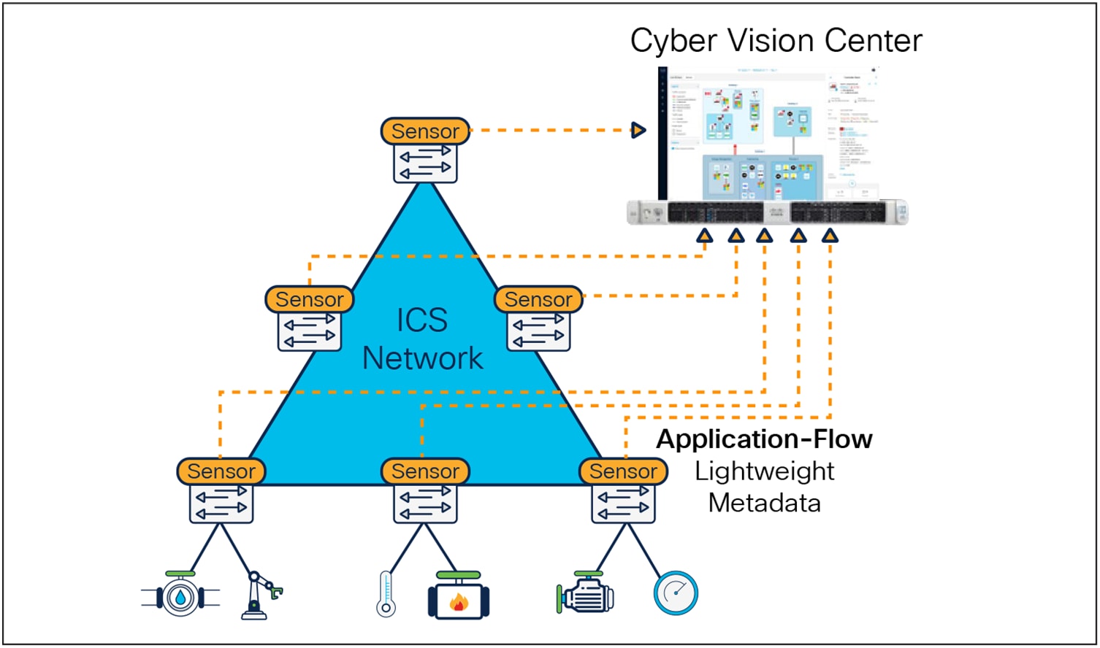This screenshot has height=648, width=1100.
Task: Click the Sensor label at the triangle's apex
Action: pyautogui.click(x=425, y=131)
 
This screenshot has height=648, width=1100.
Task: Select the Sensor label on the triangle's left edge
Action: pyautogui.click(x=309, y=300)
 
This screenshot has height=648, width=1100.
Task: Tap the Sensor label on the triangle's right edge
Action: pyautogui.click(x=538, y=300)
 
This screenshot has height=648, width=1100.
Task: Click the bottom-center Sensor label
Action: pyautogui.click(x=425, y=471)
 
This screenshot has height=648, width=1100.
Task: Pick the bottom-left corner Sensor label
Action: pyautogui.click(x=221, y=471)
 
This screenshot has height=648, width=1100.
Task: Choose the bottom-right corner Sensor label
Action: pyautogui.click(x=623, y=471)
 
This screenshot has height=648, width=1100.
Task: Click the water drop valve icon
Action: pyautogui.click(x=180, y=596)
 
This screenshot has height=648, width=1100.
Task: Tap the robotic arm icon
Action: pyautogui.click(x=259, y=595)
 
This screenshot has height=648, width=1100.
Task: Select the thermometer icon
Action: pyautogui.click(x=386, y=595)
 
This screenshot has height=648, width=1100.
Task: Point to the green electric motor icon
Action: pyautogui.click(x=585, y=593)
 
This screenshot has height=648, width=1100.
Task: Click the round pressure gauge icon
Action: pyautogui.click(x=676, y=593)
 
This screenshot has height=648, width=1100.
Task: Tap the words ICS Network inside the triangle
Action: pyautogui.click(x=422, y=339)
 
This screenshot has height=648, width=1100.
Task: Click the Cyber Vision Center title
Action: pyautogui.click(x=776, y=41)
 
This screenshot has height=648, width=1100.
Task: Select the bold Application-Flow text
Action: pyautogui.click(x=764, y=439)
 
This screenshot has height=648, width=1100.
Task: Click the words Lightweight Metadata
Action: pyautogui.click(x=764, y=487)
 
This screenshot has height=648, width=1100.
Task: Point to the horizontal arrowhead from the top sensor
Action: pyautogui.click(x=638, y=131)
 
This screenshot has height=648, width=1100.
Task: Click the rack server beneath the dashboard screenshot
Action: pyautogui.click(x=767, y=212)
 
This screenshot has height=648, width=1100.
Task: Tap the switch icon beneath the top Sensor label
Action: pyautogui.click(x=425, y=163)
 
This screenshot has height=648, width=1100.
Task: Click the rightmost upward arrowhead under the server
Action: pyautogui.click(x=830, y=236)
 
